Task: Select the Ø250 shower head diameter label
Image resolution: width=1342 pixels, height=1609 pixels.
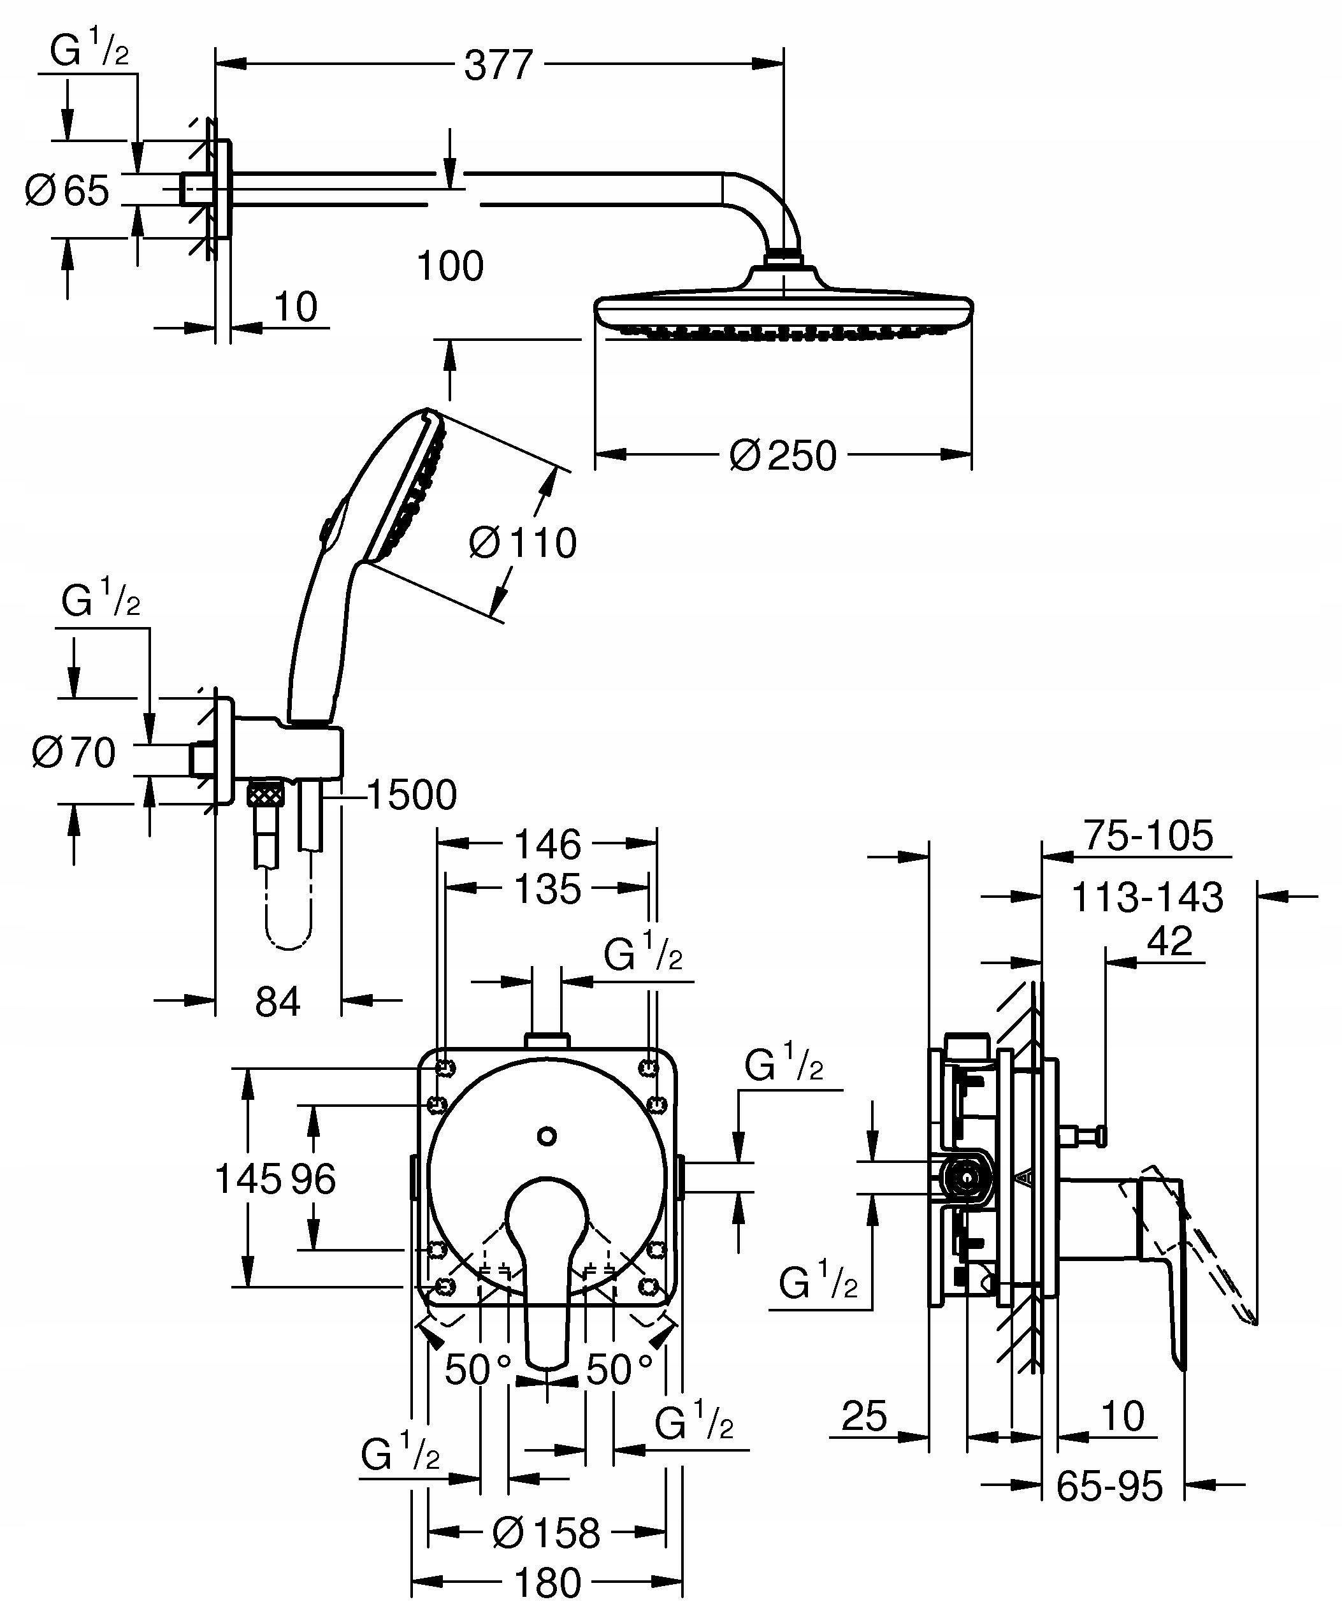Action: click(x=783, y=455)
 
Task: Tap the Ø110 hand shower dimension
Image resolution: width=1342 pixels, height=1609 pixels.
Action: click(x=523, y=542)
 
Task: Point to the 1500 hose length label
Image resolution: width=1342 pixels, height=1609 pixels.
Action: click(x=412, y=795)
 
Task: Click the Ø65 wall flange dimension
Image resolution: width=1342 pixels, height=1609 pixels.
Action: click(x=68, y=190)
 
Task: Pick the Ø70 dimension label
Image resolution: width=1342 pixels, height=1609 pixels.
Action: click(x=73, y=752)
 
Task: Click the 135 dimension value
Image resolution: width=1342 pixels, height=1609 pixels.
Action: click(x=547, y=890)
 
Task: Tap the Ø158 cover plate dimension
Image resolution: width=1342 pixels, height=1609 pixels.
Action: click(x=545, y=1532)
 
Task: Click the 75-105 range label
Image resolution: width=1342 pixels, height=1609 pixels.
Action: click(x=1148, y=836)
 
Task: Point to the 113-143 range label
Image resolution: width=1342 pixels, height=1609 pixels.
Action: click(x=1146, y=897)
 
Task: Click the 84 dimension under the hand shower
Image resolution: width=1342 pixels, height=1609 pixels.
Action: click(x=277, y=1002)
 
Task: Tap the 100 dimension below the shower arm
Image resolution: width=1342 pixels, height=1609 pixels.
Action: click(x=450, y=266)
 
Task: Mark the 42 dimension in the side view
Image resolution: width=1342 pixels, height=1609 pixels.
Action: click(x=1171, y=942)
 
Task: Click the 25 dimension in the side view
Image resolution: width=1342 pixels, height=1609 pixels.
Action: click(x=864, y=1417)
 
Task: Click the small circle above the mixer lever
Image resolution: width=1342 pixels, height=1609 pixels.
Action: click(x=547, y=1136)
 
